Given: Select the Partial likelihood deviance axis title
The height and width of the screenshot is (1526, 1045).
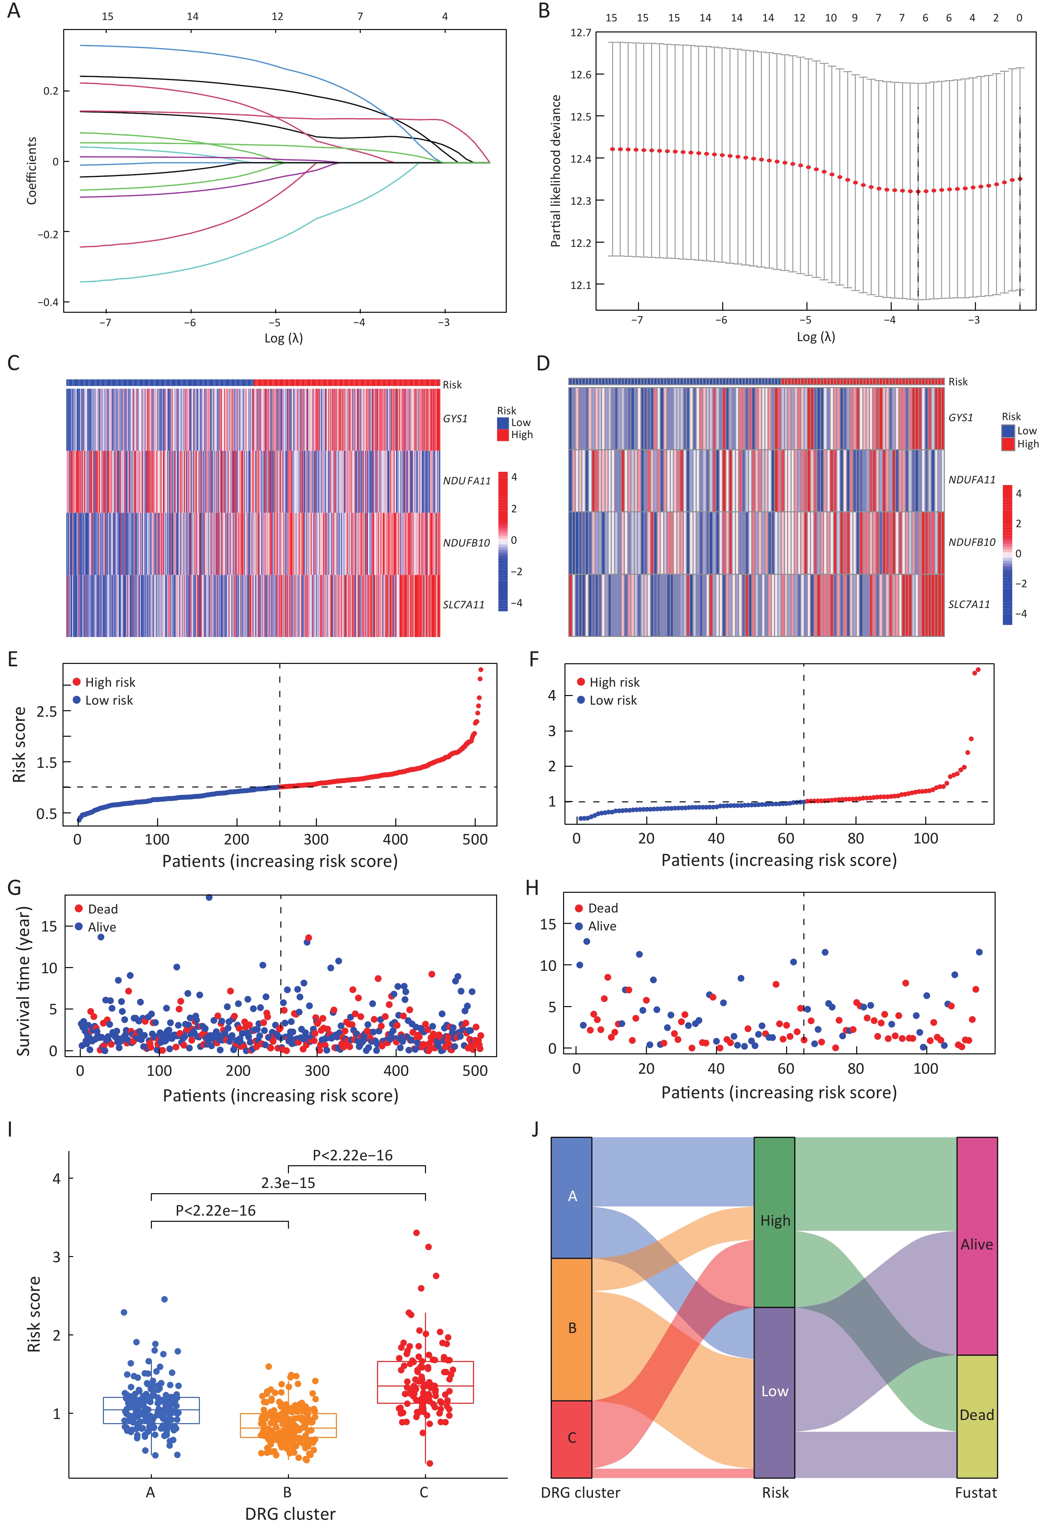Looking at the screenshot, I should coord(556,171).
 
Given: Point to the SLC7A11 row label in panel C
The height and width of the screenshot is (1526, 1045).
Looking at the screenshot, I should coord(463,605).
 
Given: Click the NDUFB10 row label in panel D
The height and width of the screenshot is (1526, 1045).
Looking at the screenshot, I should coord(971,542).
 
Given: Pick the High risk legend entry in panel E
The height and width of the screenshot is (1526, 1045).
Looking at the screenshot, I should coord(104,682).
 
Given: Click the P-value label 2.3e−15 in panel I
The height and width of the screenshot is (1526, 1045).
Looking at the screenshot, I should coord(288,1183).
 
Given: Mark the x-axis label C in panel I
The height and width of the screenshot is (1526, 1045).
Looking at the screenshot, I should coord(424,1493).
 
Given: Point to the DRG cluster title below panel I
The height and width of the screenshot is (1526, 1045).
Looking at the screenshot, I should coord(290,1514).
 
